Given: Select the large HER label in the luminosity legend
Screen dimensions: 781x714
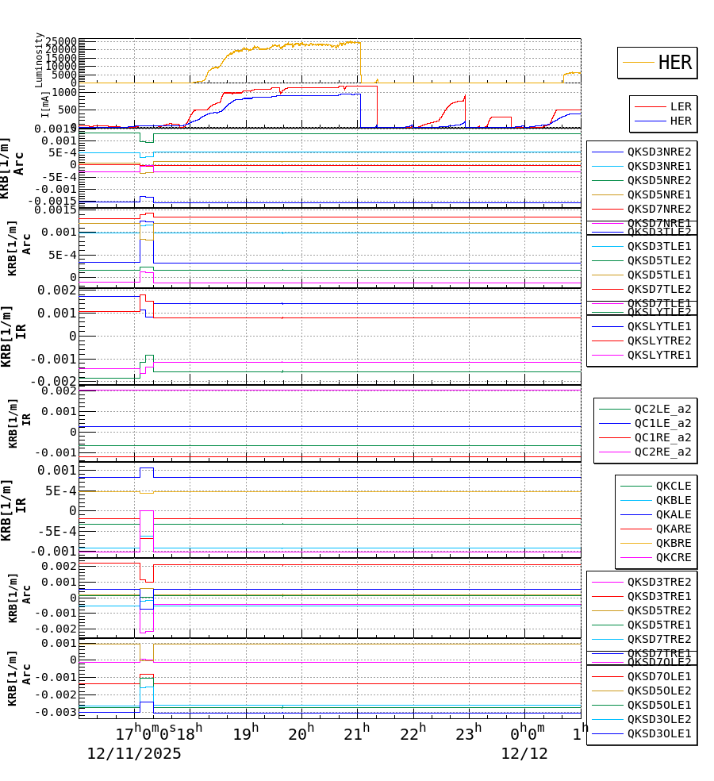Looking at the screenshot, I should pyautogui.click(x=674, y=63).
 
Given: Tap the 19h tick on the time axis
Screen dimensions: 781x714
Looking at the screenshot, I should pyautogui.click(x=245, y=732).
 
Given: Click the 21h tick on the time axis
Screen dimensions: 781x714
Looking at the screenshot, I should pyautogui.click(x=357, y=732).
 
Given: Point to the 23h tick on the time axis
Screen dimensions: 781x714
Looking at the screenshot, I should pyautogui.click(x=469, y=732).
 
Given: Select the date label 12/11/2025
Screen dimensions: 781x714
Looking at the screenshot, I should pyautogui.click(x=134, y=754).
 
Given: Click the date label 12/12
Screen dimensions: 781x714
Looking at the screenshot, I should pyautogui.click(x=524, y=754).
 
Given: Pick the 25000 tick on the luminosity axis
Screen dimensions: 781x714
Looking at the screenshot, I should pyautogui.click(x=61, y=42).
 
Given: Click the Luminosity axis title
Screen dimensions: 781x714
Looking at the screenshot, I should pyautogui.click(x=39, y=60).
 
